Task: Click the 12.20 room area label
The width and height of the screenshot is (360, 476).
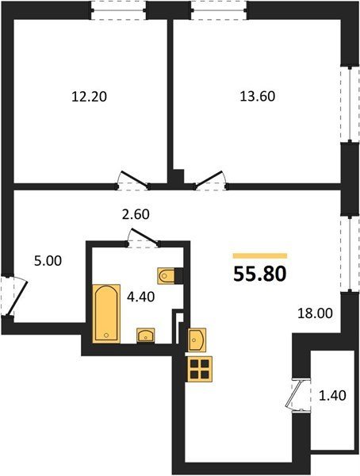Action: click(x=90, y=97)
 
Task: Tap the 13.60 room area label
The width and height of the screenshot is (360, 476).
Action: click(x=258, y=96)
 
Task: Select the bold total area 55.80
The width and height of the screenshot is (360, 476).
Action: click(x=260, y=274)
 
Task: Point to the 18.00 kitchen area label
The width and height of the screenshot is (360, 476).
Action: click(x=315, y=313)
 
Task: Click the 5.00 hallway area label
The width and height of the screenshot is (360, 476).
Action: click(x=48, y=261)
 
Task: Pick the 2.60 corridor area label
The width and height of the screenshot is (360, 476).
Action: click(x=136, y=214)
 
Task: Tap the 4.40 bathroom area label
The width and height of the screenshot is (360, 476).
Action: click(x=140, y=297)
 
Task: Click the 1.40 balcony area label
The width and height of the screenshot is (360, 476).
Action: click(x=332, y=395)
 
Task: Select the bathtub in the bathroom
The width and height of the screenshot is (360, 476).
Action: click(x=106, y=313)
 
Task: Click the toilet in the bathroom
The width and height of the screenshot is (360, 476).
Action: click(x=167, y=275)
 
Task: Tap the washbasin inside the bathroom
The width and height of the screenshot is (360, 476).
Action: click(x=146, y=335)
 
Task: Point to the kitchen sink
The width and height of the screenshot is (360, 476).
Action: click(x=197, y=340)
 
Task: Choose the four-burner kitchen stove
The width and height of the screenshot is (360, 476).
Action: click(x=200, y=369)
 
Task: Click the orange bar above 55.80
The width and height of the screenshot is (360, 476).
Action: click(x=260, y=256)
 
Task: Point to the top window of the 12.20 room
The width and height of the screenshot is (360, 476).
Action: click(x=119, y=10)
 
